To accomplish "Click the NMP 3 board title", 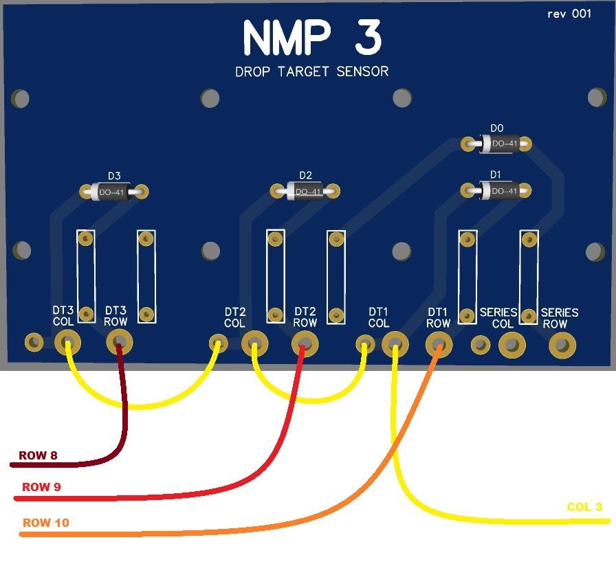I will (311, 38).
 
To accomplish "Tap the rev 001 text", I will (569, 14).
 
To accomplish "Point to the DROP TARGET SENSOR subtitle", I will (311, 71).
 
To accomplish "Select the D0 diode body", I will (500, 144).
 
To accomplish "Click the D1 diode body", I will (500, 191).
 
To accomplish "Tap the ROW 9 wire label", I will (41, 488).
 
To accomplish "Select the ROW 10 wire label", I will (45, 523).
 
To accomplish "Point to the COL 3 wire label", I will (584, 508).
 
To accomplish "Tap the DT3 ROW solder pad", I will (120, 341).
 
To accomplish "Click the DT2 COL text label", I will (234, 317).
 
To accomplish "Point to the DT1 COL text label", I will (379, 317).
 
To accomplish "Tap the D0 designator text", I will (497, 128).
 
